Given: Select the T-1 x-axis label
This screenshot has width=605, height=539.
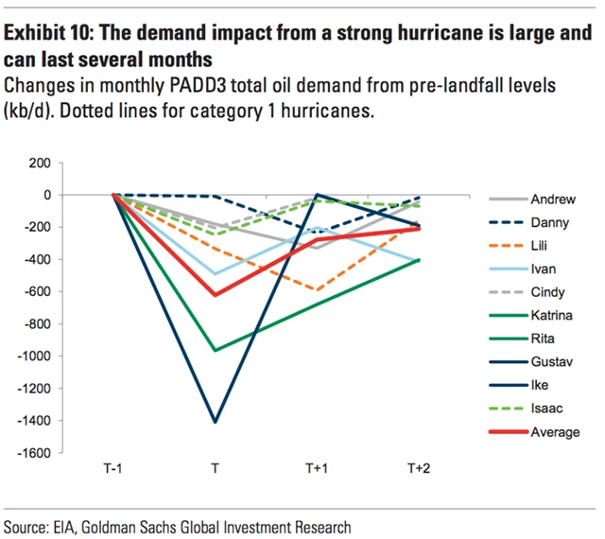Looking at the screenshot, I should point(114,469).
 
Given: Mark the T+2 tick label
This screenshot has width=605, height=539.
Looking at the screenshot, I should point(419,469).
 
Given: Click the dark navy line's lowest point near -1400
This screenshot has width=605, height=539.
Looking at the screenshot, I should point(216,422).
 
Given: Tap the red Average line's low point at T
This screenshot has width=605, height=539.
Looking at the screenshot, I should point(216,295).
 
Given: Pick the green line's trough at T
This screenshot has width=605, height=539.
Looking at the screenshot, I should point(216,350).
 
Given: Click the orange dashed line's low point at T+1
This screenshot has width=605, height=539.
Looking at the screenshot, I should point(317,290).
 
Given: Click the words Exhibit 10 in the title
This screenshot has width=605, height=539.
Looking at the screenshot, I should point(46,34).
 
